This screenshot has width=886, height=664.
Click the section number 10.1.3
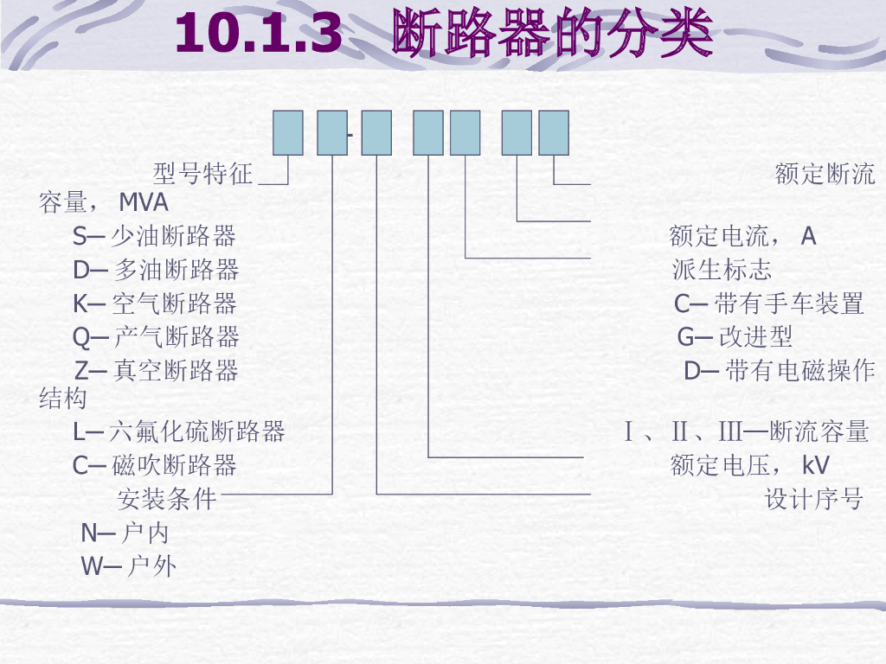click(x=259, y=35)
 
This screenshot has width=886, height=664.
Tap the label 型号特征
click(x=202, y=175)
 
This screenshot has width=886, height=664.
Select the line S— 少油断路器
click(x=154, y=236)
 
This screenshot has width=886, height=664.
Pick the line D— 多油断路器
click(x=156, y=270)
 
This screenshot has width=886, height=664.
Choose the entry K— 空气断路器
click(x=155, y=303)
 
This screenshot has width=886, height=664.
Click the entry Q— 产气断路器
click(x=156, y=336)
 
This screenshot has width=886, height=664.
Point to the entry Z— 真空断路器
click(x=156, y=371)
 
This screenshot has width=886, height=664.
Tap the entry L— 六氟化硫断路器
click(x=179, y=431)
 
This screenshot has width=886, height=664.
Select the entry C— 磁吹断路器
click(x=155, y=465)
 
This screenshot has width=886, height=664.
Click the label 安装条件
click(x=166, y=500)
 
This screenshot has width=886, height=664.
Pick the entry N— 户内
click(x=125, y=533)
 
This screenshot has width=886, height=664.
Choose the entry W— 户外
click(x=129, y=567)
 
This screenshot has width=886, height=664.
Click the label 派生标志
click(x=722, y=270)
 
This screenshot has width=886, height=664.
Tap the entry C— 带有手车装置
click(x=769, y=303)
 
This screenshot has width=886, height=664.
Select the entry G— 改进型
click(x=735, y=336)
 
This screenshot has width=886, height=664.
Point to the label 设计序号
click(x=814, y=500)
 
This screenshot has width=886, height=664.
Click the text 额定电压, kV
click(x=749, y=465)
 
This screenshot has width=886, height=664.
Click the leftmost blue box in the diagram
click(x=288, y=133)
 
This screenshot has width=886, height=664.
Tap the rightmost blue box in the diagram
click(x=554, y=133)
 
